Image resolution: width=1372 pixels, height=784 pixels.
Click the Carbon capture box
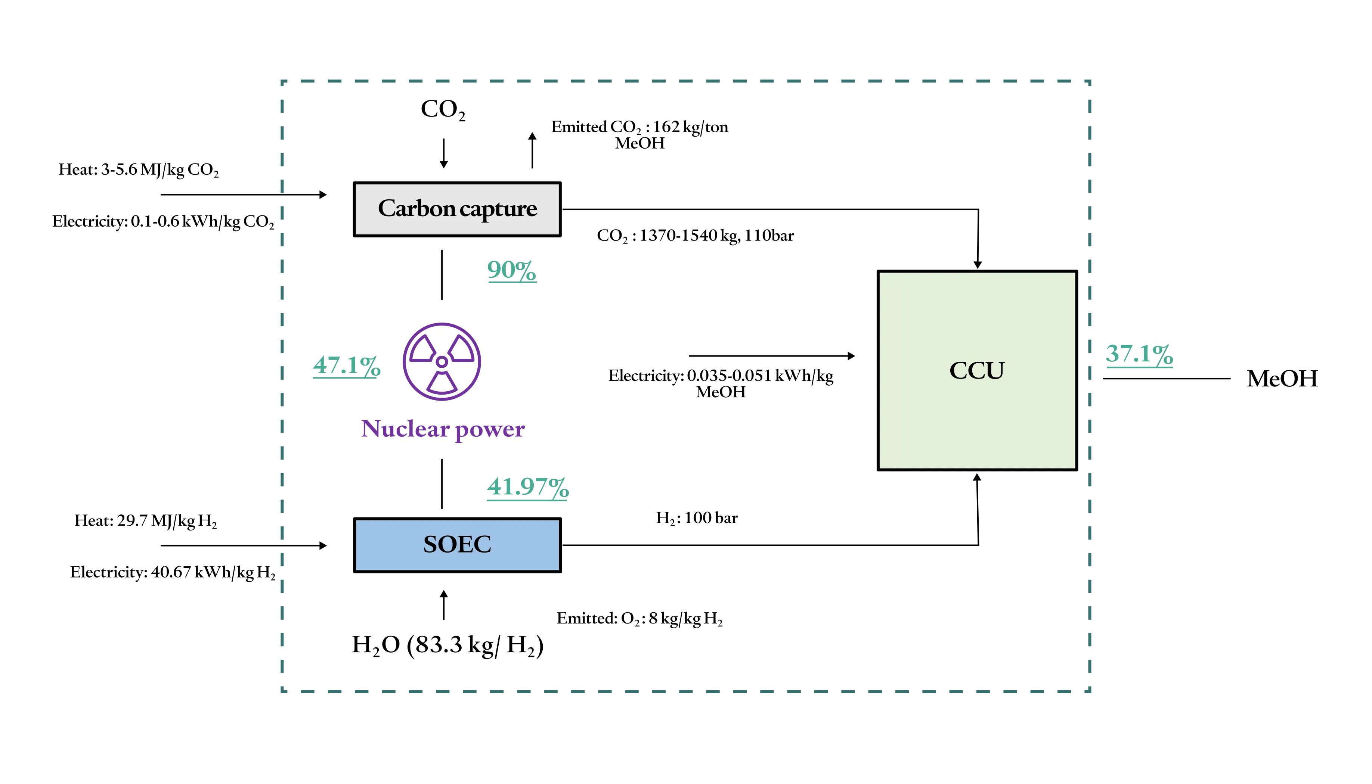457,209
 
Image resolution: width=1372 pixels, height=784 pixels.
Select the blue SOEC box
457,545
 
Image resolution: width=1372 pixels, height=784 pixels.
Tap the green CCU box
977,370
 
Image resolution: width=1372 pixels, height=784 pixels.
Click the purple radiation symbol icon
442,361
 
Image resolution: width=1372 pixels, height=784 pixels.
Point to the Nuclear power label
442,429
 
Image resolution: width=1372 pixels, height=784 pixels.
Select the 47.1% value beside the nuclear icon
346,365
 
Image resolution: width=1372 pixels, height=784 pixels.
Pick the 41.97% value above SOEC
527,487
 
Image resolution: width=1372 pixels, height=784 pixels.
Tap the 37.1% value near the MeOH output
1139,354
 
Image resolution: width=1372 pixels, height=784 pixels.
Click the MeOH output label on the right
1282,379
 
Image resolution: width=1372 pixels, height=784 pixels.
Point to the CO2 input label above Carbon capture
443,109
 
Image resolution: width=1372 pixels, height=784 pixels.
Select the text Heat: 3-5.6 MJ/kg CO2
139,169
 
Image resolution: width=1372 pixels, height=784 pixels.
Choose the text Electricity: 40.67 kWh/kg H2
172,572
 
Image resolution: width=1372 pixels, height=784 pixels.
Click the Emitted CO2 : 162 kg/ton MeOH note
639,135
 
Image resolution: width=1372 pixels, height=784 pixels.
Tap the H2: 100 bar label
697,518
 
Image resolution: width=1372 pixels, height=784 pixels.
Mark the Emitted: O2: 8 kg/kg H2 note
639,619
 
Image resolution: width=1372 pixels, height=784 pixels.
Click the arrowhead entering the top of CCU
978,264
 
